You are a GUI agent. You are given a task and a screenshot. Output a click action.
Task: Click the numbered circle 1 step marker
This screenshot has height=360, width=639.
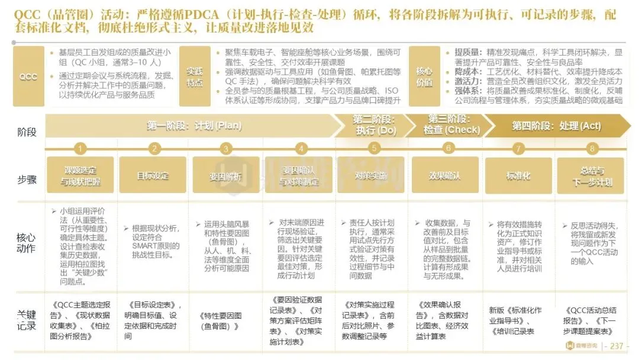pyautogui.click(x=80, y=149)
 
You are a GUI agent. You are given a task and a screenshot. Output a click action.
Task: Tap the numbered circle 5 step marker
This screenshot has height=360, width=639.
pyautogui.click(x=374, y=149)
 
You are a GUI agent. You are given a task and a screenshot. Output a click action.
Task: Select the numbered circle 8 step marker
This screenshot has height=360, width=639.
pyautogui.click(x=592, y=149)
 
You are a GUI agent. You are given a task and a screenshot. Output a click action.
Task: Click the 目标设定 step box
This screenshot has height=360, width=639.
pyautogui.click(x=153, y=175)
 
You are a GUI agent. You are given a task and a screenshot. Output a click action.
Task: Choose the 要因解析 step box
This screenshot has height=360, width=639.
pyautogui.click(x=226, y=175)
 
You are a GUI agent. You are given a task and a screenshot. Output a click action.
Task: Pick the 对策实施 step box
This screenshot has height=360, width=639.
pyautogui.click(x=370, y=175)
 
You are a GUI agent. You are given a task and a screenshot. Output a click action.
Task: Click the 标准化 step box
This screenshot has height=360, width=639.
pyautogui.click(x=518, y=175)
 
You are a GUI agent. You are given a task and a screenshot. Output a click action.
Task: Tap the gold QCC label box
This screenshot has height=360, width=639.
pyautogui.click(x=28, y=77)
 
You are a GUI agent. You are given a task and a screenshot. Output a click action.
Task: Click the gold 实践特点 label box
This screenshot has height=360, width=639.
pyautogui.click(x=195, y=77)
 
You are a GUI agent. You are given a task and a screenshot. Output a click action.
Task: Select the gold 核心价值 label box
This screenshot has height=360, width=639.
pyautogui.click(x=424, y=77)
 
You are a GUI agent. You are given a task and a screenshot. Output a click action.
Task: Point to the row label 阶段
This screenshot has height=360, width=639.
pyautogui.click(x=27, y=131)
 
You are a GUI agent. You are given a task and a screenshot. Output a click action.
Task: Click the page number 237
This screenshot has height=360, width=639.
pyautogui.click(x=616, y=346)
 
